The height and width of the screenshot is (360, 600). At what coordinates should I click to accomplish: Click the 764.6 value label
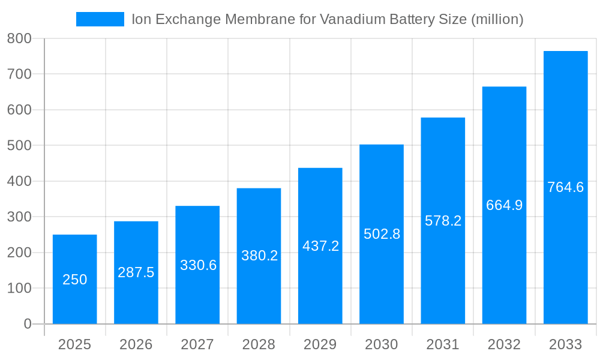click(565, 187)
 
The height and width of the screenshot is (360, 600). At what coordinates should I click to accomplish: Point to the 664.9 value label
click(504, 205)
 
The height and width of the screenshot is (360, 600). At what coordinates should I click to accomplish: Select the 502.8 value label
click(382, 234)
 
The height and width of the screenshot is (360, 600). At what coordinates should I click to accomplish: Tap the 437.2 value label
click(320, 246)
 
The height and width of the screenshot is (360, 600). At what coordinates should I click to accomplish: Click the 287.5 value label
click(136, 272)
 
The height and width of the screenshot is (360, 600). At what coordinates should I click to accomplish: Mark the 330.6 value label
click(198, 265)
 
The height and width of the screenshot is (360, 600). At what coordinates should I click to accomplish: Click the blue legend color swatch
click(100, 19)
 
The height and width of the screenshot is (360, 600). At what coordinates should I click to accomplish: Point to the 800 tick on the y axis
click(19, 38)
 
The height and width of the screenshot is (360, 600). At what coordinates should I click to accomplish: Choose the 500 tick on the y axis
click(19, 145)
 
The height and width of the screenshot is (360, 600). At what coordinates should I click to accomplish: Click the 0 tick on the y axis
click(28, 324)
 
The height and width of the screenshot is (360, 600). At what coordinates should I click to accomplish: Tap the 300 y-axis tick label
click(19, 217)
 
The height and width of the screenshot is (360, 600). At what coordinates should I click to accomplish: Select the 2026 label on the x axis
click(136, 344)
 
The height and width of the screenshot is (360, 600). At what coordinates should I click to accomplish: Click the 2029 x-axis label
click(320, 344)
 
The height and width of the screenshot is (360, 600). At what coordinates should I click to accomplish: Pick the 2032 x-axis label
click(504, 344)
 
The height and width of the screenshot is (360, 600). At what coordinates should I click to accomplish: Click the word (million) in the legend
click(497, 19)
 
